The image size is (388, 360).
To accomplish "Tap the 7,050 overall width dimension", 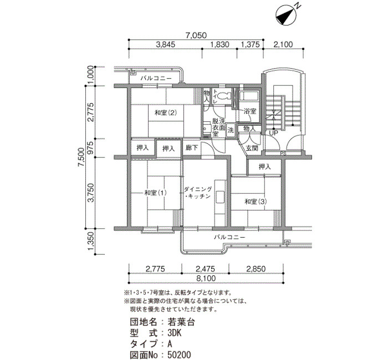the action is pyautogui.click(x=196, y=35).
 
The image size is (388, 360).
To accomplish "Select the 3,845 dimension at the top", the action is pyautogui.click(x=166, y=44).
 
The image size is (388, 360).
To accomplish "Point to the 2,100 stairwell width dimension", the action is pyautogui.click(x=283, y=44).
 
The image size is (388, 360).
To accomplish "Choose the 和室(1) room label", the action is pyautogui.click(x=155, y=192).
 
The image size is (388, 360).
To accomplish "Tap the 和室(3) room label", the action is pyautogui.click(x=256, y=202).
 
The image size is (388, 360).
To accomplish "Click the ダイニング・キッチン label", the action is pyautogui.click(x=198, y=193).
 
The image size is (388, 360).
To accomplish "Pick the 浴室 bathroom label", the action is pyautogui.click(x=249, y=111).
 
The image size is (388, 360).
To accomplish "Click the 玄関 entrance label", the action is pyautogui.click(x=252, y=148).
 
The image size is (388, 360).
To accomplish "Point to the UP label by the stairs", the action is pyautogui.click(x=273, y=133).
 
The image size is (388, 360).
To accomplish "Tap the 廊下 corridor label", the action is pyautogui.click(x=192, y=148).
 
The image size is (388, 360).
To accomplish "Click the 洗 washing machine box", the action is pyautogui.click(x=231, y=130).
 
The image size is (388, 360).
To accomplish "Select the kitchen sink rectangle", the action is pyautogui.click(x=219, y=197).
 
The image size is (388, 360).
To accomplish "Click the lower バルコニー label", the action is pyautogui.click(x=229, y=238).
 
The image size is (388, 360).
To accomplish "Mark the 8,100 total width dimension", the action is pyautogui.click(x=206, y=278).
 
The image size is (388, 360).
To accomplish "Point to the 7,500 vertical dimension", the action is pyautogui.click(x=81, y=157).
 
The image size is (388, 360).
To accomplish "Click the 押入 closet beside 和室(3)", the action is pyautogui.click(x=264, y=167).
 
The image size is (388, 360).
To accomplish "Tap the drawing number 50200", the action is pyautogui.click(x=179, y=355).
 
